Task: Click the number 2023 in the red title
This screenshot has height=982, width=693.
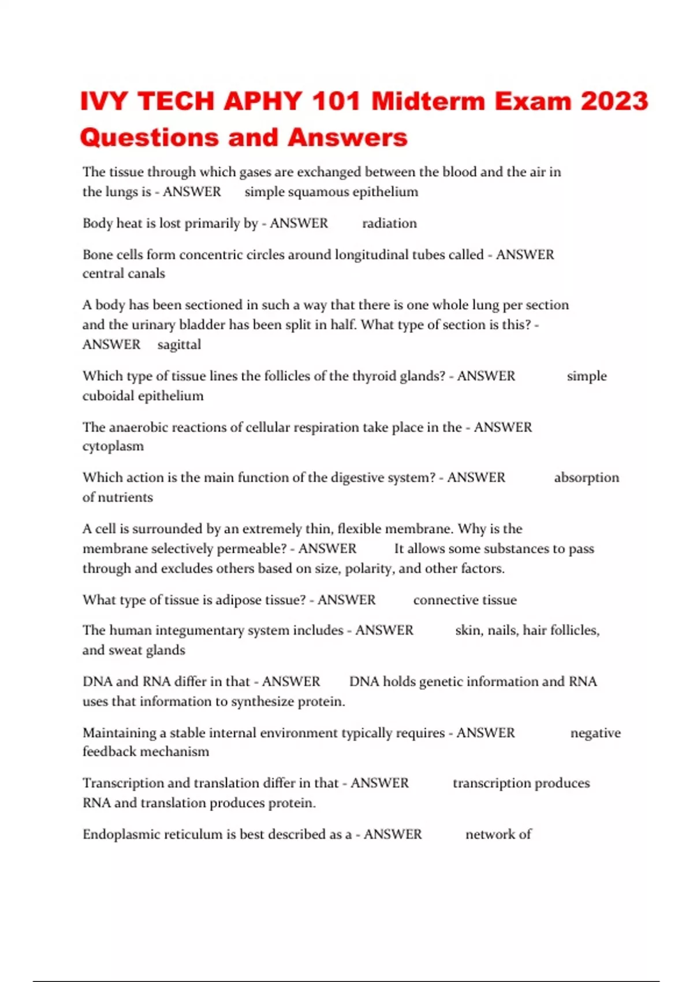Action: pos(614,102)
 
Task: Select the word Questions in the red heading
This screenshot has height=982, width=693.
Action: pos(149,138)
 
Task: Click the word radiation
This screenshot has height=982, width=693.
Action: pos(389,224)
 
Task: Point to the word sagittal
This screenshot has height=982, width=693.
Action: pos(179,345)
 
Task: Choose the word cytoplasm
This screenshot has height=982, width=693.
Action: pos(113,447)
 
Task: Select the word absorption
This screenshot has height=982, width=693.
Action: pos(586,478)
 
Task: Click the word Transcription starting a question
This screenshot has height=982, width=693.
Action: pos(123,783)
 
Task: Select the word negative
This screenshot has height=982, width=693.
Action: pos(595,733)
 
